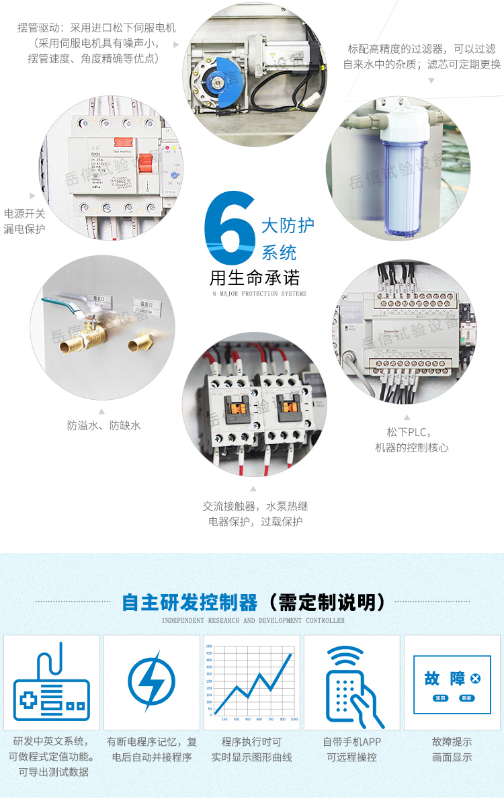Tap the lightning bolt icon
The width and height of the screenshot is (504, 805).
tap(151, 682)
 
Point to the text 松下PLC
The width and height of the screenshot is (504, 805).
tap(408, 431)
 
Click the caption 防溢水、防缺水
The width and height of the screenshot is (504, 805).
tap(103, 425)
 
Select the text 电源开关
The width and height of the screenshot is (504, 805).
tap(25, 214)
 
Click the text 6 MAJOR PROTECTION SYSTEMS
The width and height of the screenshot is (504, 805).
tap(259, 294)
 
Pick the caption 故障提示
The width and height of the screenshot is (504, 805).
tap(452, 742)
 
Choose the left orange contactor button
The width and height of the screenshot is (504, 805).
tap(232, 406)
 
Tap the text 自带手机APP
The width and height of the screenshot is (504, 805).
tap(351, 742)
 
